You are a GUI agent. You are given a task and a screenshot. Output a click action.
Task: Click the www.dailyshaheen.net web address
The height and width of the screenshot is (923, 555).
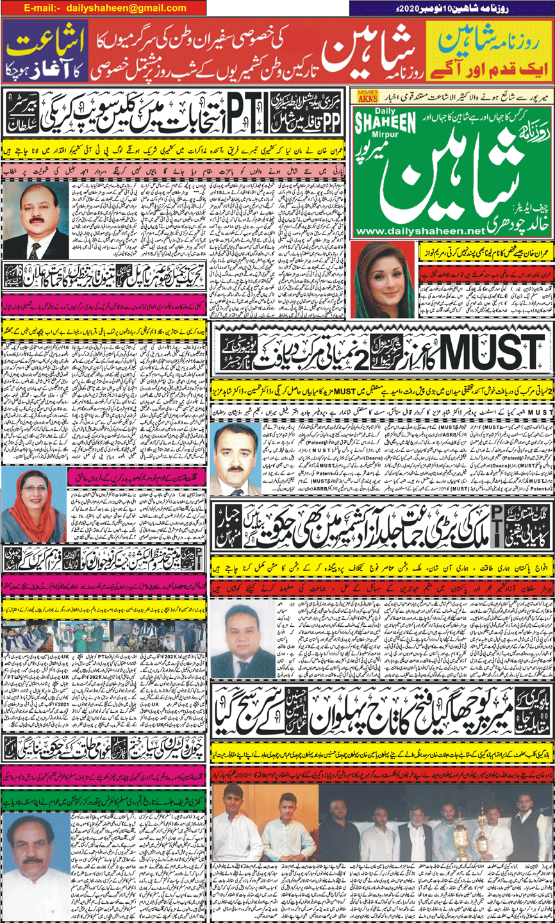coord(420,231)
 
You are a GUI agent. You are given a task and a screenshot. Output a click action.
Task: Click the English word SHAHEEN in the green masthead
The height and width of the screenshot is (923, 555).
coord(385,122)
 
